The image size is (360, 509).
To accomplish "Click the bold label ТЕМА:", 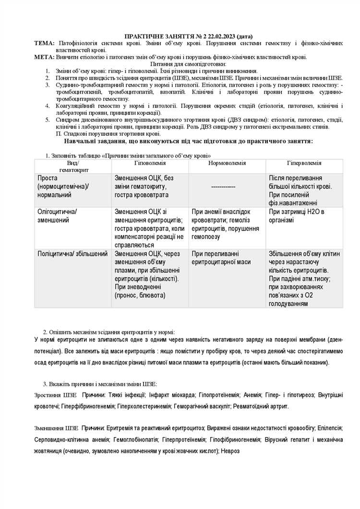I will (44, 43).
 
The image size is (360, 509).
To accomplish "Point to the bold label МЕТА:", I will (45, 57).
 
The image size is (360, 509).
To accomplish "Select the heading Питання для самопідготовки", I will (188, 64).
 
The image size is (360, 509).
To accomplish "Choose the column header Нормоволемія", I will (227, 163).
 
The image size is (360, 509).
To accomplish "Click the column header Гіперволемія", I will (304, 163).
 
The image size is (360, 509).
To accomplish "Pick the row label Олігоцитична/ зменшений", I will (57, 215).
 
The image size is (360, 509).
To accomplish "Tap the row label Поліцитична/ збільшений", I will (72, 253).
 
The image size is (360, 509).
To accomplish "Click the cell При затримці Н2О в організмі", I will (296, 215).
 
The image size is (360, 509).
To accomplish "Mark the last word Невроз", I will (230, 451).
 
